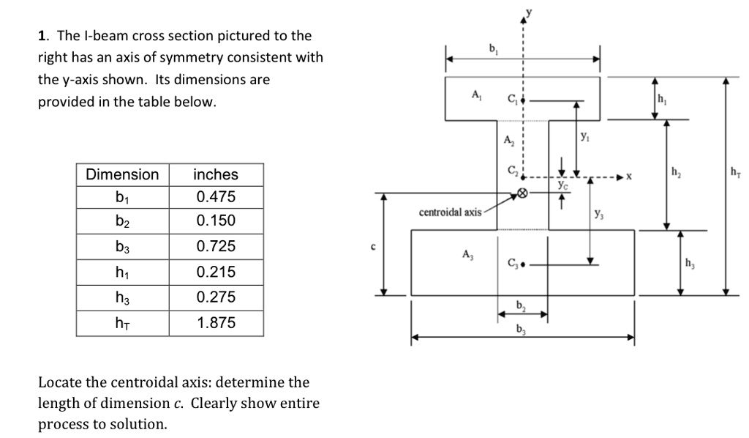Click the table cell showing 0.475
(x=216, y=197)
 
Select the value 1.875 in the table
(x=216, y=322)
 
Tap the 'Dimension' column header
(x=122, y=174)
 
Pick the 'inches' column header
(x=216, y=174)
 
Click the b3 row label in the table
(x=122, y=247)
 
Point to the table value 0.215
(x=216, y=272)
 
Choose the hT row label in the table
(x=122, y=322)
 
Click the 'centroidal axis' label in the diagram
(x=450, y=212)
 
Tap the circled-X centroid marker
(x=522, y=193)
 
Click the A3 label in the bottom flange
(x=467, y=254)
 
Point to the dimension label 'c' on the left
(x=372, y=247)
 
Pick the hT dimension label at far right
(x=734, y=172)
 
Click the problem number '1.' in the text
(x=43, y=36)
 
